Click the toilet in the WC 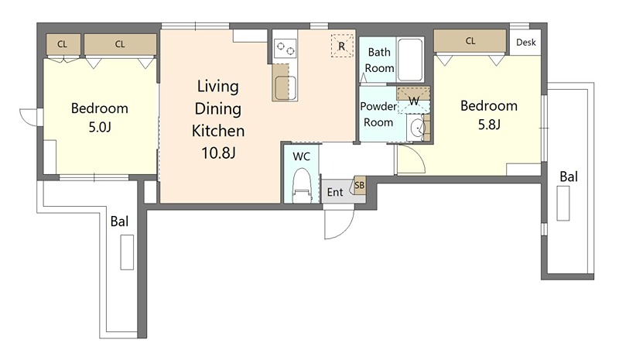(303, 186)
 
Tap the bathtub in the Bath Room (409, 60)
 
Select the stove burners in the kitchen (285, 49)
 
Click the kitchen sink (286, 87)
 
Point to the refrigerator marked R (342, 46)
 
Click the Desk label (526, 43)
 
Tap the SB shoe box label (360, 185)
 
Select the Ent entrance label (335, 193)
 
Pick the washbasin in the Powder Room (417, 128)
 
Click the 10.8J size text (218, 153)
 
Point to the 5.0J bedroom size (100, 127)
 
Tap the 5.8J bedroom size (489, 125)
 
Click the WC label (301, 157)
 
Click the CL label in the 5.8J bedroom (470, 41)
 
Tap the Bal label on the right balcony (569, 177)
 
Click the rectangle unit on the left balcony (127, 252)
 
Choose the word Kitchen (218, 131)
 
